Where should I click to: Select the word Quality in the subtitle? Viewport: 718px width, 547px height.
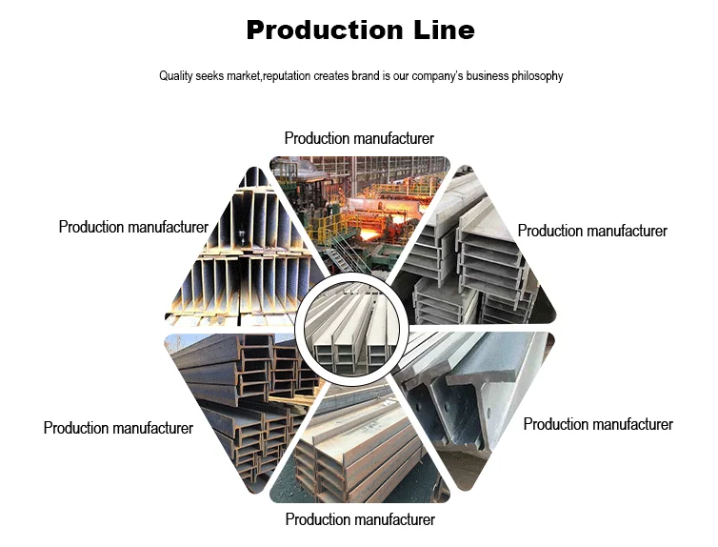[177, 76]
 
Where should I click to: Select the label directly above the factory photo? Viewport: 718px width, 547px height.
[359, 139]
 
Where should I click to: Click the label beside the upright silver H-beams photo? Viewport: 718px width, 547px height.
[133, 227]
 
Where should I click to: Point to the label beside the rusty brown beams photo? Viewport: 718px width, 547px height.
[118, 428]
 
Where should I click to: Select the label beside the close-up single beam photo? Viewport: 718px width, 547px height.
[598, 424]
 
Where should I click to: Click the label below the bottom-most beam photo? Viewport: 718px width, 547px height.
[360, 519]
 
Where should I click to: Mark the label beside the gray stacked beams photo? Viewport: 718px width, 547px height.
[592, 231]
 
